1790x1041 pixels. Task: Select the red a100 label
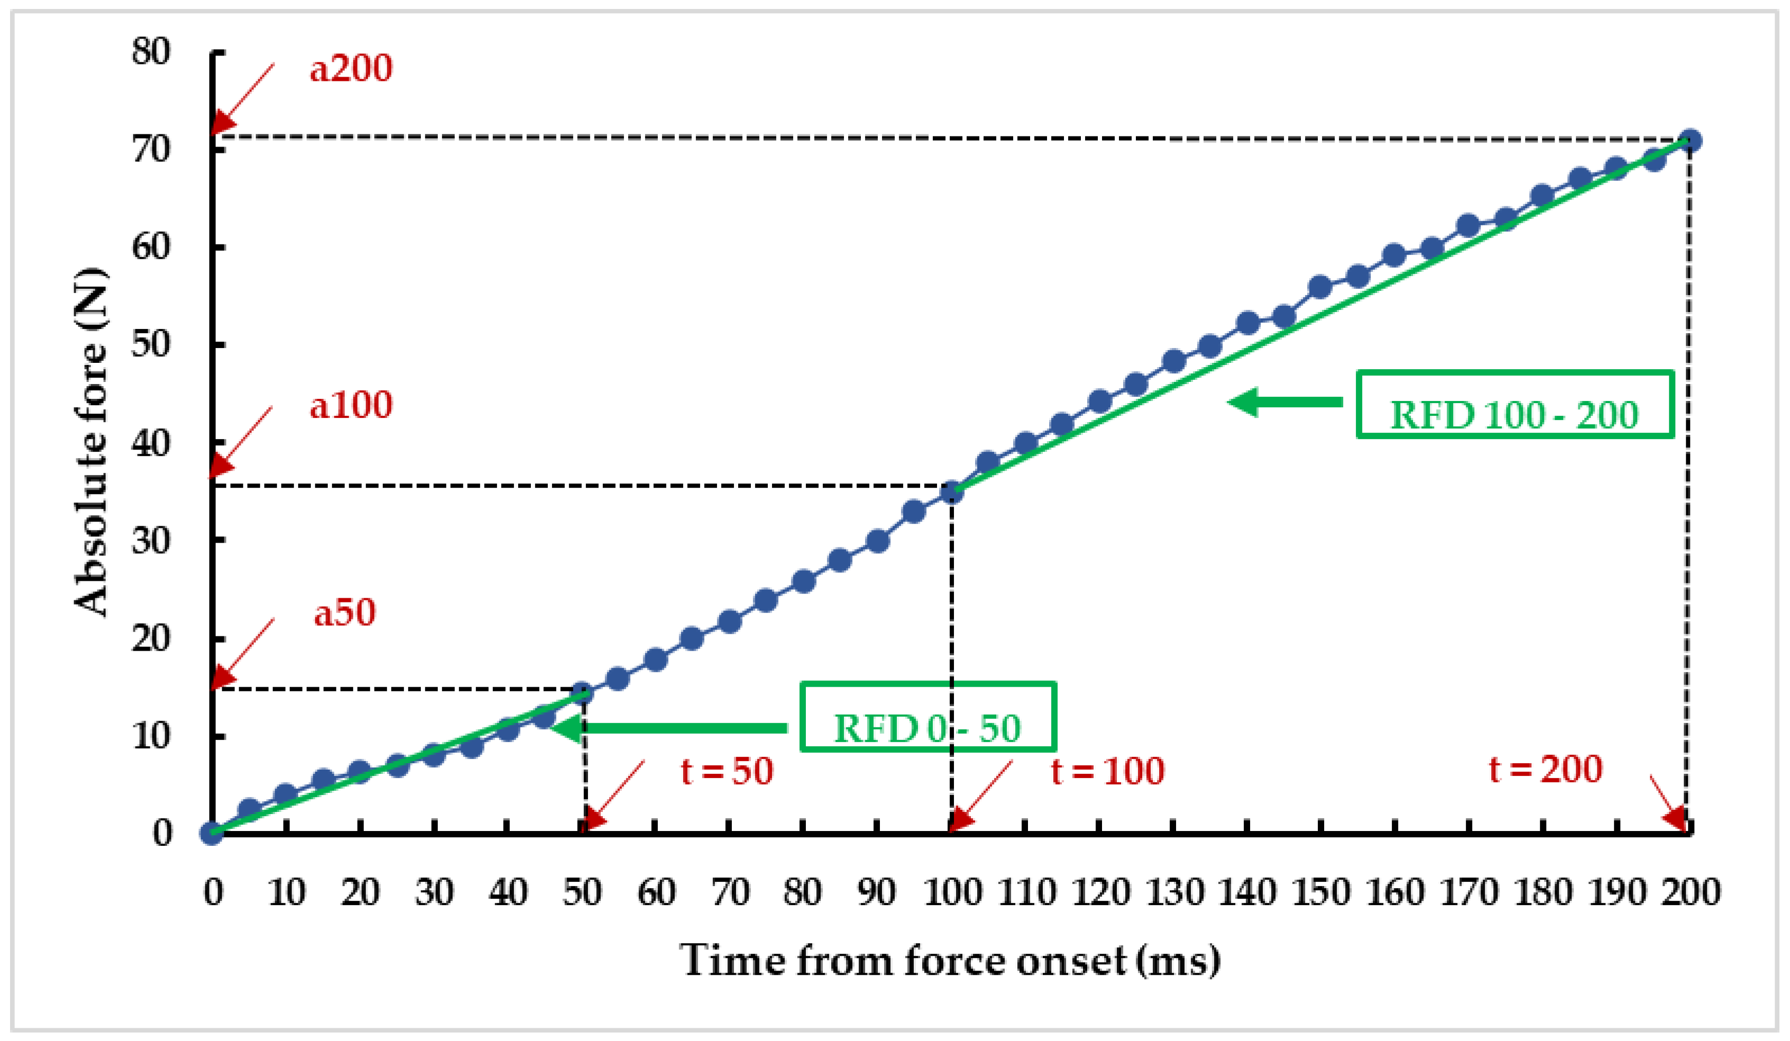[x=351, y=406]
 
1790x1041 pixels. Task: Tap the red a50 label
[x=344, y=613]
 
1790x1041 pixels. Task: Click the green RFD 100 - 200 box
[x=1514, y=404]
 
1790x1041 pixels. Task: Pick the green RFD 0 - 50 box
[x=928, y=717]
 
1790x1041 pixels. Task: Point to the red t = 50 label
[x=727, y=771]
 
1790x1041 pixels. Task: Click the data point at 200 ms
[x=1691, y=141]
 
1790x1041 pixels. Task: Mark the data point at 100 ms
[x=952, y=492]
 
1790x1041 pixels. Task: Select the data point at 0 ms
[x=212, y=833]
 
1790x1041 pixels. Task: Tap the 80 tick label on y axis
[x=151, y=52]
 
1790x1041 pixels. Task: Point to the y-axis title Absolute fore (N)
[x=91, y=442]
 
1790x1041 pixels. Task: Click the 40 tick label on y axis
[x=151, y=445]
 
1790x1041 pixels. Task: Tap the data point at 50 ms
[x=582, y=693]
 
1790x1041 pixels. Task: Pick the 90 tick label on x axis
[x=877, y=892]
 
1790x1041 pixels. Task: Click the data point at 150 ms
[x=1320, y=288]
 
